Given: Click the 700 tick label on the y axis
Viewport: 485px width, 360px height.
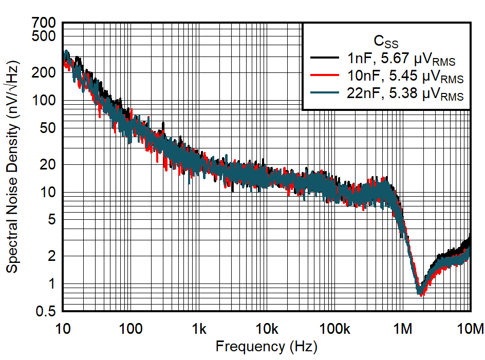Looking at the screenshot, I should click(x=45, y=23).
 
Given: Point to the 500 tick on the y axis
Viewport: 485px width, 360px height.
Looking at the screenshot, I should click(x=45, y=36).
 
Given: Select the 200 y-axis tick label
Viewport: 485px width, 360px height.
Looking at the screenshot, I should click(x=45, y=72).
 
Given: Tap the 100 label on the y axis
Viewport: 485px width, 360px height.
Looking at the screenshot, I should click(x=45, y=101).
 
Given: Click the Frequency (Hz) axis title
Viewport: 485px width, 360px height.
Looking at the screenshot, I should click(x=266, y=347).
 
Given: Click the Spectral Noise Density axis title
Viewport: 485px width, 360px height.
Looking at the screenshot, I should click(x=12, y=167).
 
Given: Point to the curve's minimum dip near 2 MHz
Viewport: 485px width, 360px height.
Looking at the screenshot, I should click(x=421, y=292).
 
